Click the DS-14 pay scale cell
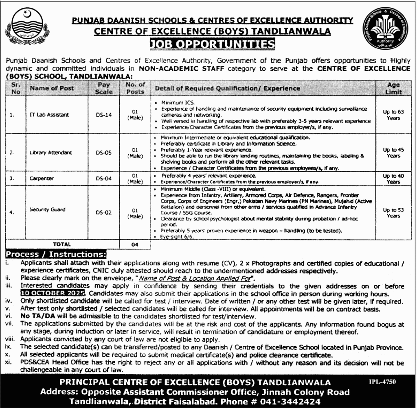(103, 115)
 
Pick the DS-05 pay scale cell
(103, 153)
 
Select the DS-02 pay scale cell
(103, 212)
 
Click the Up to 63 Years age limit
(393, 115)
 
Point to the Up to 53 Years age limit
(393, 213)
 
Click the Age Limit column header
(393, 88)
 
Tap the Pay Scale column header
(103, 88)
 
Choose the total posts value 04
(135, 244)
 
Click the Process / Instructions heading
(56, 255)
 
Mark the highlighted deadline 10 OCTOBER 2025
(51, 293)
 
